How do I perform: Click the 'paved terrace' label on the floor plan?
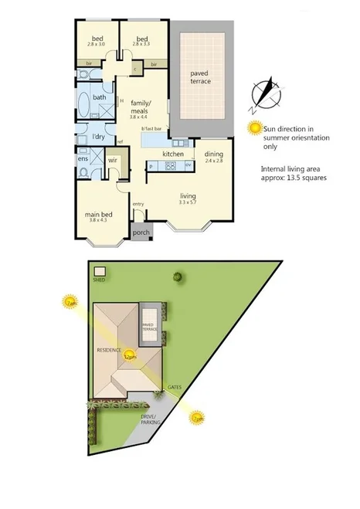tap(201, 77)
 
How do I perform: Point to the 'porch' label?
tap(141, 232)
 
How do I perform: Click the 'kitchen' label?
tap(172, 154)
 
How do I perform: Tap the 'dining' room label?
tap(213, 154)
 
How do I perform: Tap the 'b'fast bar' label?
tap(151, 128)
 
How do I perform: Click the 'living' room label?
tap(188, 196)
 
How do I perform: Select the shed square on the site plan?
tap(99, 270)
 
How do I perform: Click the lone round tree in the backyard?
tap(178, 276)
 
